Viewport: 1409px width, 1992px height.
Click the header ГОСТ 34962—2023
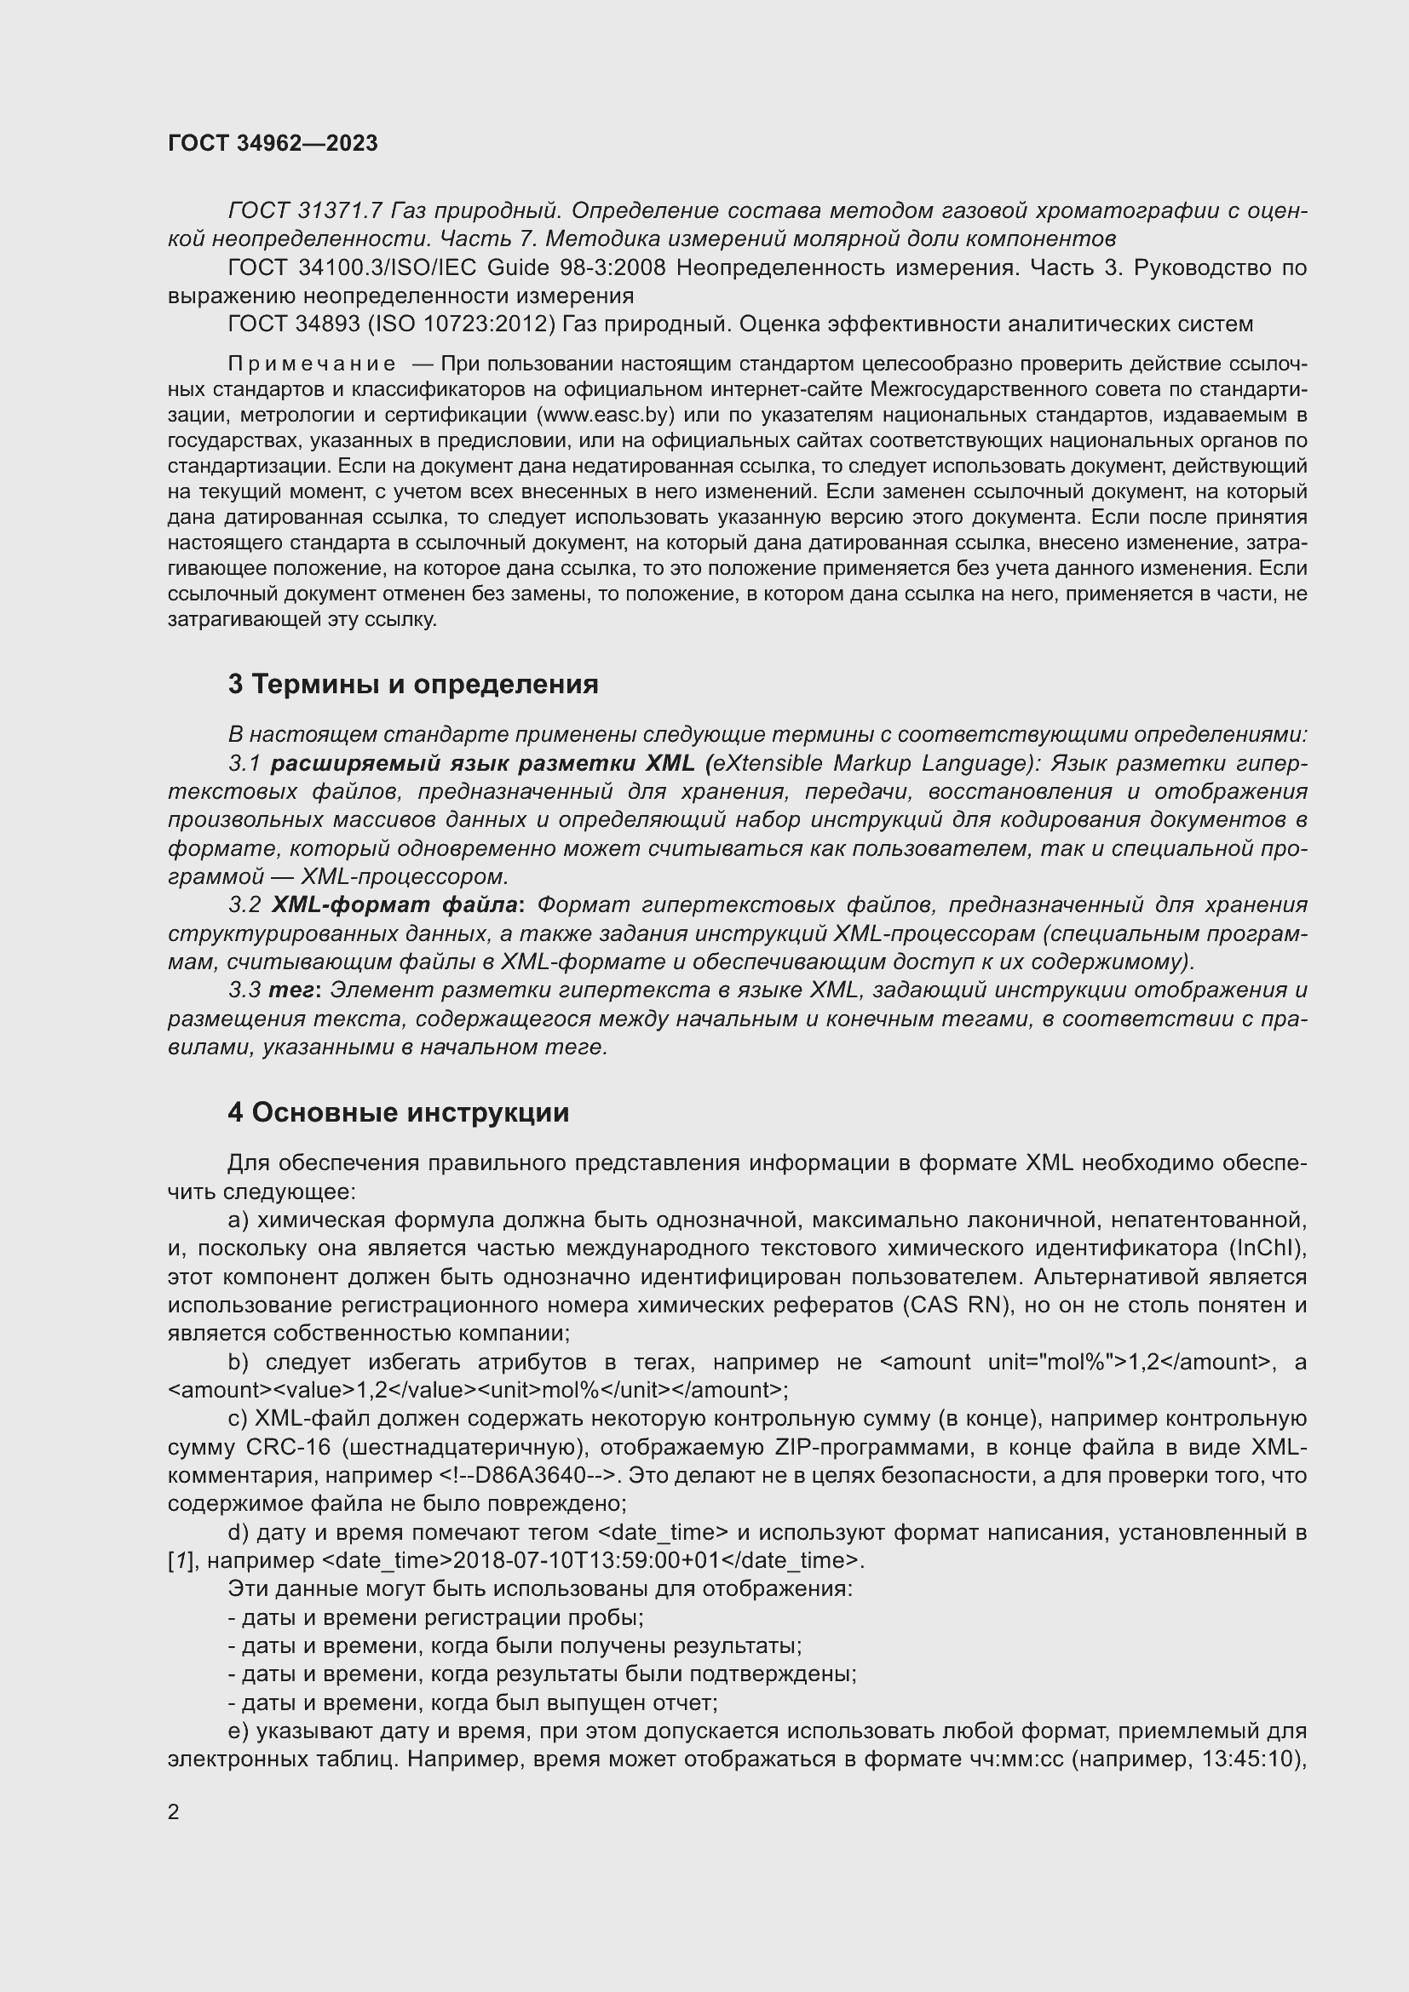(x=273, y=144)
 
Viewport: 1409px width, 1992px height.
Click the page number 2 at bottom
(x=174, y=1811)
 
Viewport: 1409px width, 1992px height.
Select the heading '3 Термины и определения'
(x=413, y=685)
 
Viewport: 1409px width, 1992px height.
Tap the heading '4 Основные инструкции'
(x=398, y=1112)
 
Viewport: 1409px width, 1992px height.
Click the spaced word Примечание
(x=312, y=364)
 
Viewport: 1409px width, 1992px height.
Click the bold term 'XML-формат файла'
(x=394, y=905)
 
